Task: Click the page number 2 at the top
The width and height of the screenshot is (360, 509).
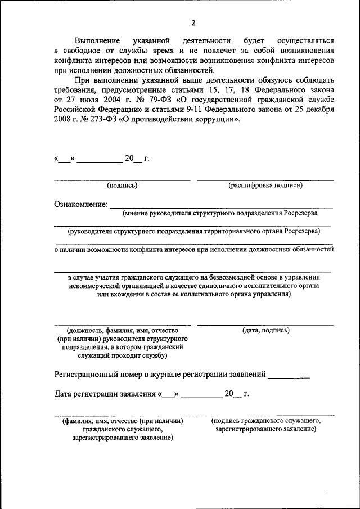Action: tap(193, 23)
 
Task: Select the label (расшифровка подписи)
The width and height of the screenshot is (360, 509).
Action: tap(265, 185)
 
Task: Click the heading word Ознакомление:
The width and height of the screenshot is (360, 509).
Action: tap(81, 204)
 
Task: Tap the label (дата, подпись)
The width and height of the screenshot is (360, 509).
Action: tap(265, 330)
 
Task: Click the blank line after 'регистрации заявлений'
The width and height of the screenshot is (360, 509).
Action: tap(289, 376)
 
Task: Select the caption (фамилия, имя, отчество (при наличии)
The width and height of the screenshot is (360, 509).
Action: tap(122, 420)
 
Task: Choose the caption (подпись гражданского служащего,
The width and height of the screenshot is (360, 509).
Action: tap(265, 420)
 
